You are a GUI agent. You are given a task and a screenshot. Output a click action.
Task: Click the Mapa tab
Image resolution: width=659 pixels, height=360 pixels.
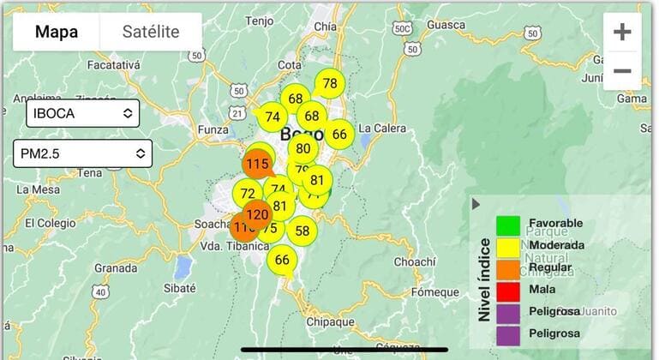coord(57,33)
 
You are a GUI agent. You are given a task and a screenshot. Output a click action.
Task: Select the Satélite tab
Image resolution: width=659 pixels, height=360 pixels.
coord(151,33)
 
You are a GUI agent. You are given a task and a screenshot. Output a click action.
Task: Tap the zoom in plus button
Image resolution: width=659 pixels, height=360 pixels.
coord(622,33)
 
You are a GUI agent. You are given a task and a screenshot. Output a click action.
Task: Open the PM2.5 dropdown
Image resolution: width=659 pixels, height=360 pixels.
coord(82,153)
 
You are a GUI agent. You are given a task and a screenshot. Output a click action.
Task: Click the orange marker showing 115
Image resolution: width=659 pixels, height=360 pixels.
coord(257,163)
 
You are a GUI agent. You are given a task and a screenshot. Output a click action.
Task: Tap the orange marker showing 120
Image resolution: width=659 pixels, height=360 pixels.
coord(256,214)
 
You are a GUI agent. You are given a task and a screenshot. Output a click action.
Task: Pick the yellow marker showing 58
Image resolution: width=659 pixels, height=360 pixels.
coord(302,231)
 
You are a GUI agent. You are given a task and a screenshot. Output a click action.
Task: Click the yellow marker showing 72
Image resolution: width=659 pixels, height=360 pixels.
coord(248,194)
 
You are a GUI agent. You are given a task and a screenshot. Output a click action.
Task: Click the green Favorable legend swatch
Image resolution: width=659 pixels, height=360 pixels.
coord(508,225)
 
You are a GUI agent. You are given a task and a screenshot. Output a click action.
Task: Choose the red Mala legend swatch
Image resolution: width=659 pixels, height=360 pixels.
coord(508,289)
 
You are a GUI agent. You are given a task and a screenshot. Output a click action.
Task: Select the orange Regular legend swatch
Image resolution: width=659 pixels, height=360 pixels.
coord(508,267)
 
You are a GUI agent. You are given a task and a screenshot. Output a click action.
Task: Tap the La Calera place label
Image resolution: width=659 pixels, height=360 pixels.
coord(381,129)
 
